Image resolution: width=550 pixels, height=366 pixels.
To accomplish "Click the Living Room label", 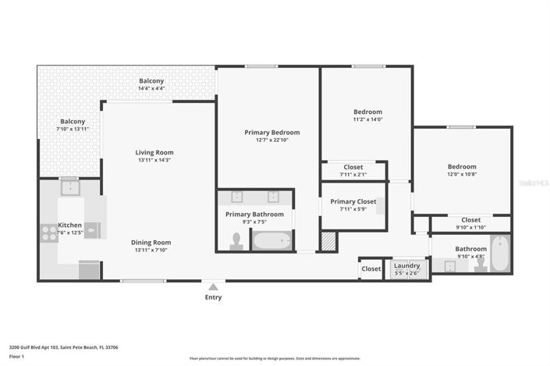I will [154, 152].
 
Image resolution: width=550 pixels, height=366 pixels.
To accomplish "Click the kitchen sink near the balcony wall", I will [69, 187].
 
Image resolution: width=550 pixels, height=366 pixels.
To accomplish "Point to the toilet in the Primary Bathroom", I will [237, 242].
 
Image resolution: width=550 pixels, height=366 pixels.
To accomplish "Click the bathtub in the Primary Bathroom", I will [272, 240].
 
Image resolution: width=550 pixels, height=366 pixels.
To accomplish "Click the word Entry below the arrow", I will [213, 297].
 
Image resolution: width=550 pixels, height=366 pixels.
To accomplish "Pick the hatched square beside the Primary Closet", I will [329, 241].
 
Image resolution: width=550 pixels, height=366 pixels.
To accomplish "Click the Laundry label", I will [406, 265].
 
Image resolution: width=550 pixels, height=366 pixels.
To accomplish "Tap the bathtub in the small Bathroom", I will [500, 254].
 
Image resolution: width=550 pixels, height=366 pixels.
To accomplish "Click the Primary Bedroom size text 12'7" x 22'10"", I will [271, 140].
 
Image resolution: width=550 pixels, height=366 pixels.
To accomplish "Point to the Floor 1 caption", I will [17, 357].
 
